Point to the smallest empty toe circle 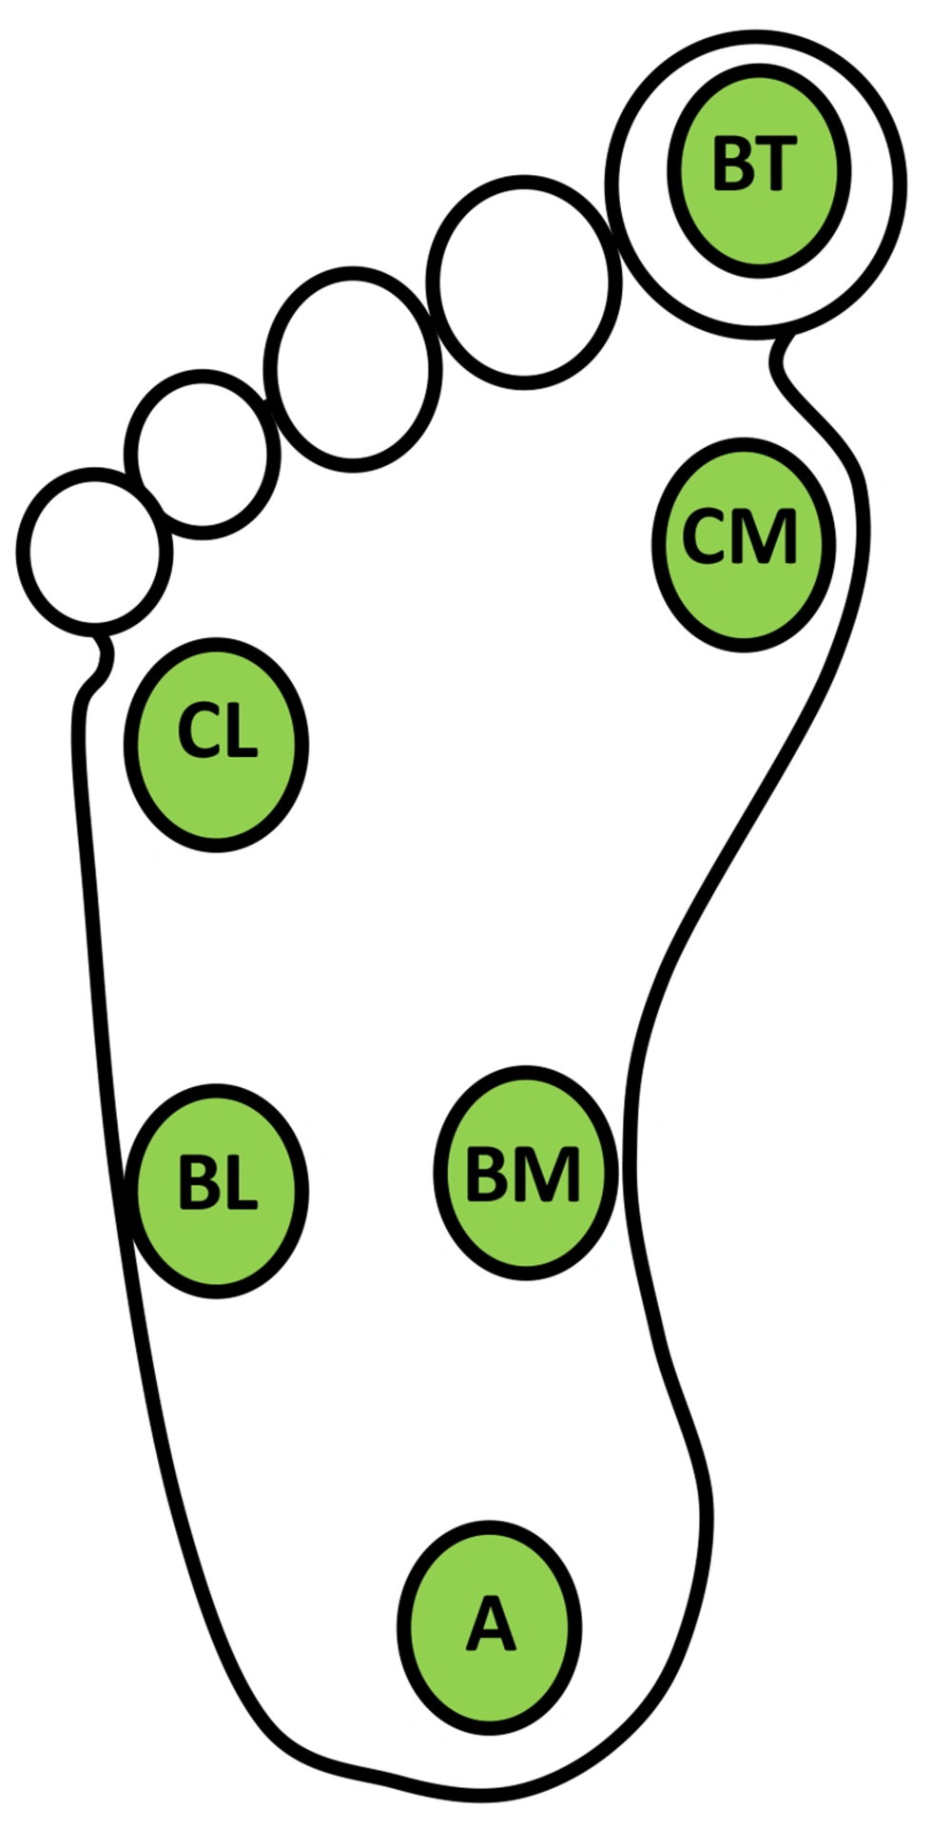94,552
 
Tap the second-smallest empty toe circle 202,453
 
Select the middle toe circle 352,369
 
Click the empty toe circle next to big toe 523,282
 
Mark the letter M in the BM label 551,1174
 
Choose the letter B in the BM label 489,1174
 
